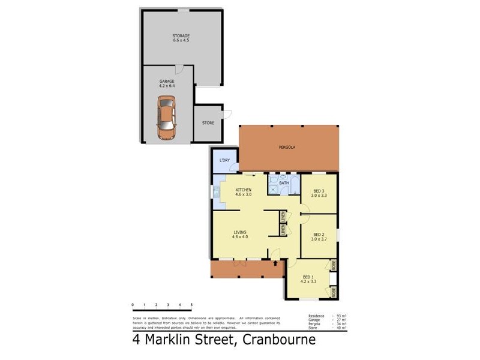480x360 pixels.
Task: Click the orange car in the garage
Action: (166, 116)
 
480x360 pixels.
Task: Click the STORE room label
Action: (208, 123)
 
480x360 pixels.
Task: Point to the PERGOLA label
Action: (286, 147)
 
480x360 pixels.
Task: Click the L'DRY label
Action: (224, 160)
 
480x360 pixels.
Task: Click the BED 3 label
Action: (318, 193)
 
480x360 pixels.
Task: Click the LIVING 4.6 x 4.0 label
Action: (240, 234)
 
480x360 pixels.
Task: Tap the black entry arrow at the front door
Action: (275, 263)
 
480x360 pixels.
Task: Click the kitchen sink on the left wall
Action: (215, 193)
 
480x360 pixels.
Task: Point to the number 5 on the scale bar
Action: (191, 305)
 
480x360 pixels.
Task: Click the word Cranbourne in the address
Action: (278, 341)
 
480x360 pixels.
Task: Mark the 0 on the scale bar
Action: (133, 305)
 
